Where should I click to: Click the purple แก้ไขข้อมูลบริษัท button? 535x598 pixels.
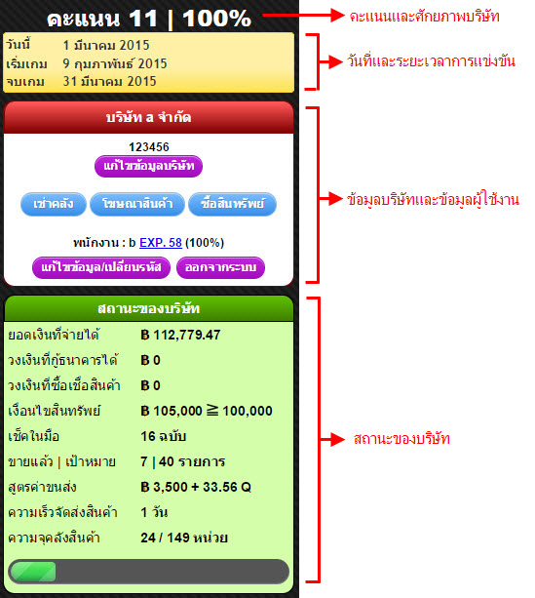[148, 166]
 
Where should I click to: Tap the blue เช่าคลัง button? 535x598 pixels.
[54, 204]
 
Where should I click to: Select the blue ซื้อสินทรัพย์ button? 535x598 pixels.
[232, 204]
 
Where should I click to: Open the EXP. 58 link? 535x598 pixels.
[161, 243]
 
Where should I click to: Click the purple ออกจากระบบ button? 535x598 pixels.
[220, 267]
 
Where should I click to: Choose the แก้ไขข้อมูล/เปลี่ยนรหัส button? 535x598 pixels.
[101, 267]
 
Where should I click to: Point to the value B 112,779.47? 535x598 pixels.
[180, 335]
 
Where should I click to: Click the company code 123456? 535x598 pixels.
[148, 147]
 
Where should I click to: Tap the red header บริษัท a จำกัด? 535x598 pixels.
[148, 117]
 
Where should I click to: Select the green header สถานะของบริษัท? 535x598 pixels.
[148, 308]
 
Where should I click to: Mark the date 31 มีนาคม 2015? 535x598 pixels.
[110, 81]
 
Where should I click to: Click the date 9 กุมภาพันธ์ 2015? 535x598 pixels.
[115, 63]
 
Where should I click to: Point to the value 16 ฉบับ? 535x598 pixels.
[163, 436]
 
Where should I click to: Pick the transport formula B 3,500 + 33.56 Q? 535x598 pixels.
[196, 487]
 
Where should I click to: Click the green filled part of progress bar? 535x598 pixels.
[33, 572]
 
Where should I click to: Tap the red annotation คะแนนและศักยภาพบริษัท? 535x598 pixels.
[424, 17]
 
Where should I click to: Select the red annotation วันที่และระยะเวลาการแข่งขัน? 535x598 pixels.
[431, 61]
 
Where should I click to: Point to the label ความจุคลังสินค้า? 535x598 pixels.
[55, 538]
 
